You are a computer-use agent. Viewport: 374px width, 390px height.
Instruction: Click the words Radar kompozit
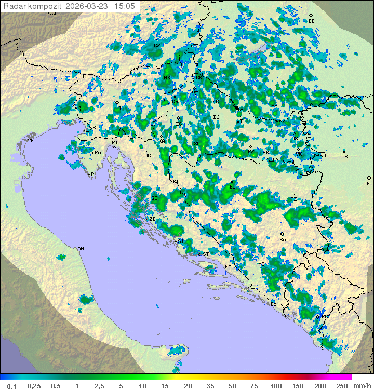[33, 6]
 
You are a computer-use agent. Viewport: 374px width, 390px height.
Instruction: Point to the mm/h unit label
[360, 386]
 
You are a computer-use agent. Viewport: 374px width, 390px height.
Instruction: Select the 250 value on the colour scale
[341, 386]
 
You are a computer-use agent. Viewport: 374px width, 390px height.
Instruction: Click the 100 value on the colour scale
[276, 386]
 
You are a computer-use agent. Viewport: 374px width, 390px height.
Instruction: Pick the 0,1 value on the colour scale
[11, 386]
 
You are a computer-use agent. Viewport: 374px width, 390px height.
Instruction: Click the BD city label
[311, 21]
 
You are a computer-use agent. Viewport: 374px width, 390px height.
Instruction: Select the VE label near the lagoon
[31, 141]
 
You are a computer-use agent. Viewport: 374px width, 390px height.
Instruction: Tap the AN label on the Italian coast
[81, 249]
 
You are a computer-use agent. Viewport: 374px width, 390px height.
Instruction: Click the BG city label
[369, 183]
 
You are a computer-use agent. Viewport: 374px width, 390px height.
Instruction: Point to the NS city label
[344, 157]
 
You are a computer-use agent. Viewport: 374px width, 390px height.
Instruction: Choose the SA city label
[283, 240]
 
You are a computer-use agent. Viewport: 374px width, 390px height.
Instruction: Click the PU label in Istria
[94, 174]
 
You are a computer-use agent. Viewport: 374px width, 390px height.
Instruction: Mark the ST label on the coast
[206, 254]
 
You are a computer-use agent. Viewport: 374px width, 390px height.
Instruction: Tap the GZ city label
[157, 45]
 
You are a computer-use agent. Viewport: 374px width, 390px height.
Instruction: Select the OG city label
[148, 156]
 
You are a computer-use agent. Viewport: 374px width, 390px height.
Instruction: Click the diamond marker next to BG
[369, 178]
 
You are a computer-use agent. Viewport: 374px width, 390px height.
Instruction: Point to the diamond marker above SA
[282, 234]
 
